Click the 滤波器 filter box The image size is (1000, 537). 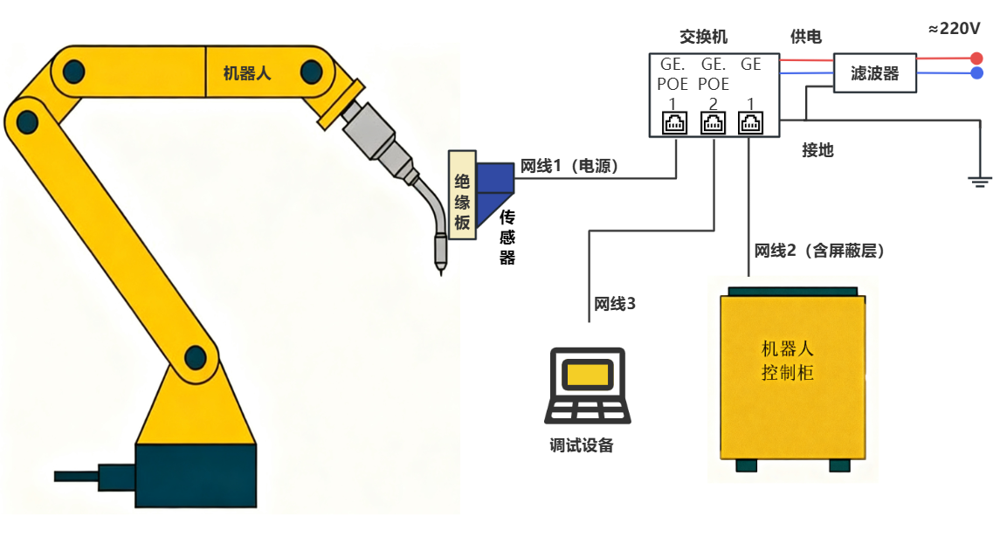click(x=874, y=74)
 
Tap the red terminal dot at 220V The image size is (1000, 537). click(x=976, y=59)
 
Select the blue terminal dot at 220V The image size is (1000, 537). click(x=976, y=73)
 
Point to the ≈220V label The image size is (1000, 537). click(x=955, y=29)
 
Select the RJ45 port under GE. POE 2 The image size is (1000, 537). click(x=714, y=124)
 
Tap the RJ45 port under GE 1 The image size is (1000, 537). click(x=750, y=124)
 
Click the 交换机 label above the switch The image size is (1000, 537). click(x=703, y=38)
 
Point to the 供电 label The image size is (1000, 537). click(x=805, y=37)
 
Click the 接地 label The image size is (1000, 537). click(x=817, y=150)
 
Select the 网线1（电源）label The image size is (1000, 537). click(x=569, y=166)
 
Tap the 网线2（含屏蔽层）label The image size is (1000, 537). click(x=819, y=251)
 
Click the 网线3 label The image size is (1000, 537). click(x=614, y=304)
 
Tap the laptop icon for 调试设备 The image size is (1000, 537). click(x=587, y=384)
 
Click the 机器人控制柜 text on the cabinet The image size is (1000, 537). click(x=788, y=361)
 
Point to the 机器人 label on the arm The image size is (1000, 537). click(x=247, y=73)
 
